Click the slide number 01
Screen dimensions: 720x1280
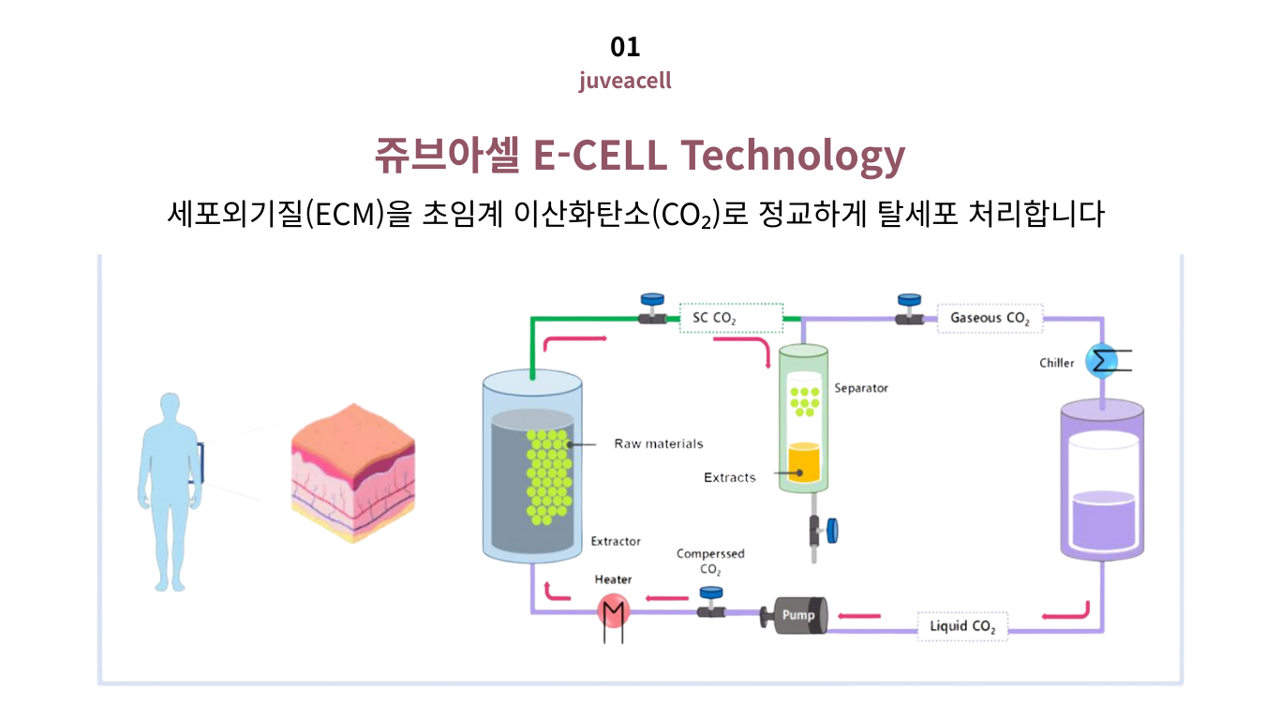coord(625,46)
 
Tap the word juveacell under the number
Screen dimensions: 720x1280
coord(625,81)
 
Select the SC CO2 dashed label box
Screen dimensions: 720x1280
coord(731,318)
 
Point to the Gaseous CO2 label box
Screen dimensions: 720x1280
coord(990,318)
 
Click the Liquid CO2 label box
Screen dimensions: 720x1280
coord(962,625)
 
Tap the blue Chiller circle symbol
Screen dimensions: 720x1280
coord(1101,362)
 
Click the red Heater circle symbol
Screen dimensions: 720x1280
coord(614,612)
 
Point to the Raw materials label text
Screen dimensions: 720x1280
coord(658,443)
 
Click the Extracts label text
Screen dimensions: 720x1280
coord(729,477)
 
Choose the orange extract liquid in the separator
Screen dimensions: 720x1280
coord(804,461)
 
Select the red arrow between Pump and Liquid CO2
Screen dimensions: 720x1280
coord(858,616)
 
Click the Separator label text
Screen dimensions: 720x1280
coord(860,388)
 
